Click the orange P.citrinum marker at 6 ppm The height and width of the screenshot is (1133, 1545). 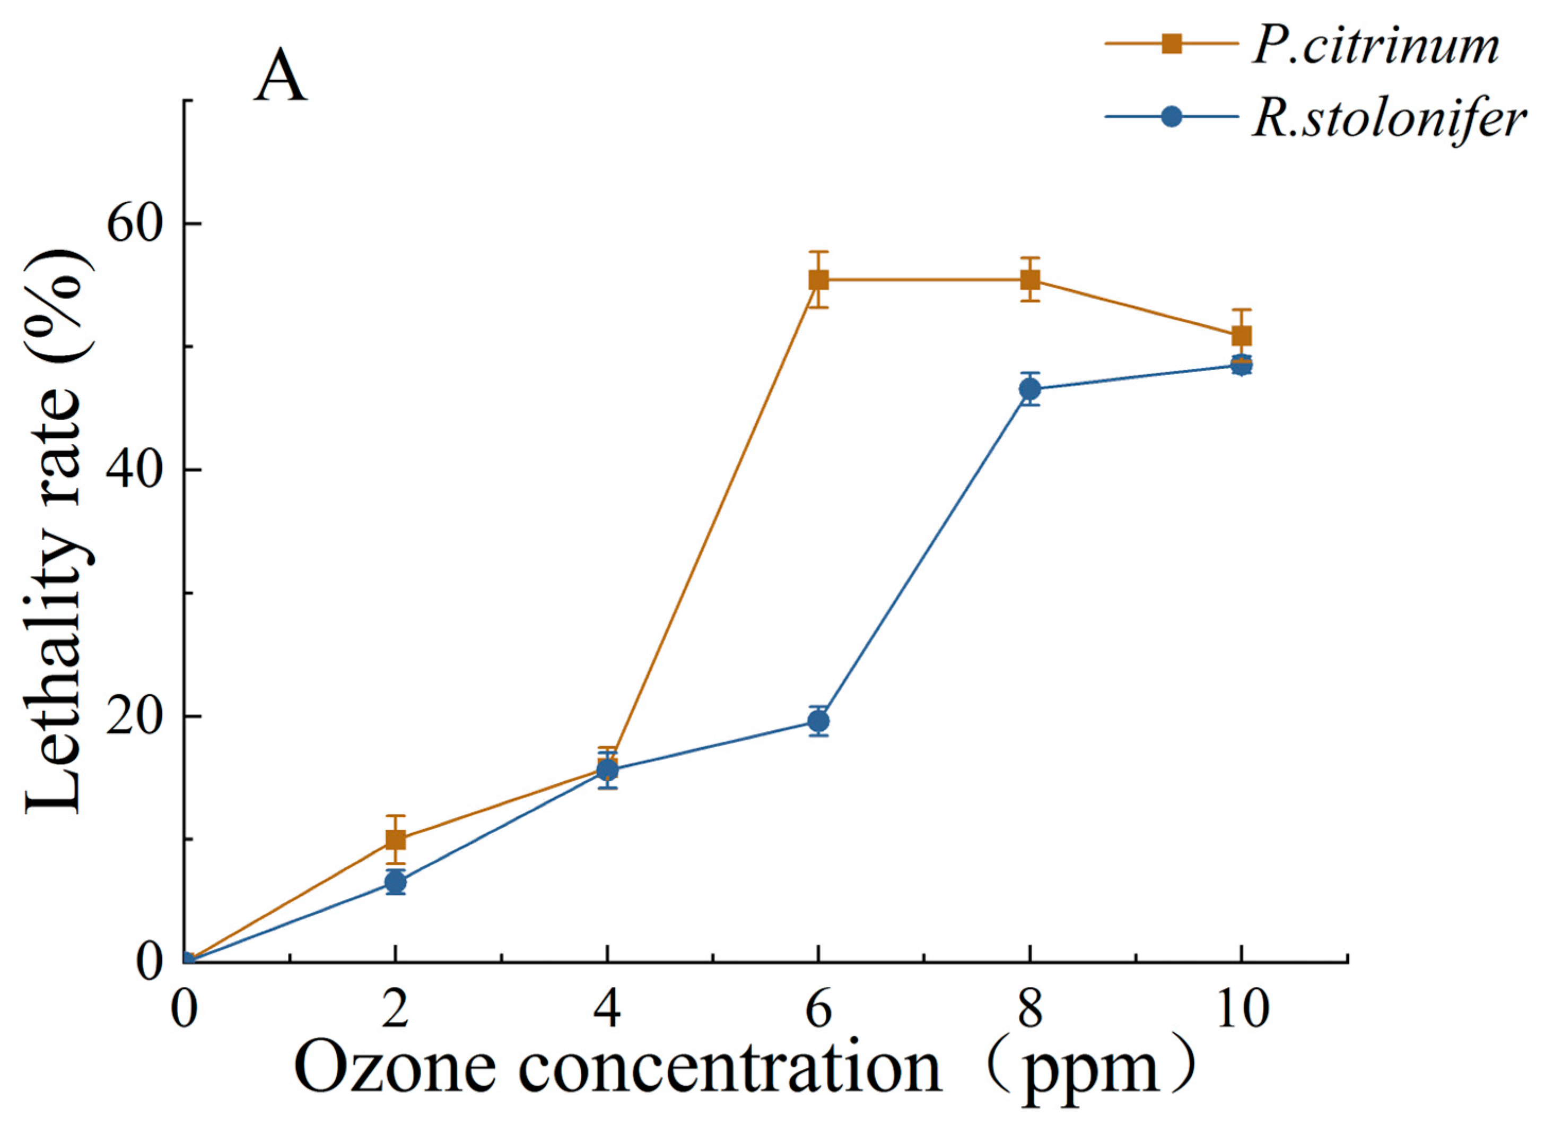(818, 279)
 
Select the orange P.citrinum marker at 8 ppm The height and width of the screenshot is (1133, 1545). (1029, 279)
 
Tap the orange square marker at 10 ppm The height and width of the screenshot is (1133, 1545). (1241, 335)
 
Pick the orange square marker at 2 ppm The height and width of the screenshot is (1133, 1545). (396, 839)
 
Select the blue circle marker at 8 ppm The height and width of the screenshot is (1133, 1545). (1029, 389)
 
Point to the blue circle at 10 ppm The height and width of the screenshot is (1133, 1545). (1241, 365)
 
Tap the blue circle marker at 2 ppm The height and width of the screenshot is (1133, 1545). (396, 883)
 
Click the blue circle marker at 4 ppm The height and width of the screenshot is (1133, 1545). (607, 770)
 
